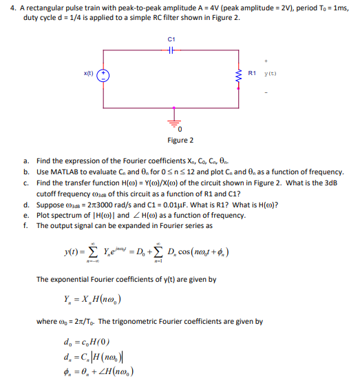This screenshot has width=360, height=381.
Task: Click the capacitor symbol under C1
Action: [x=171, y=50]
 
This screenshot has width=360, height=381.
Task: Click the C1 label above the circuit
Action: [x=171, y=39]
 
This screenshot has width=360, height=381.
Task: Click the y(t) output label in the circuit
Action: [x=270, y=72]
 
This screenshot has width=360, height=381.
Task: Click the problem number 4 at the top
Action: [x=6, y=6]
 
